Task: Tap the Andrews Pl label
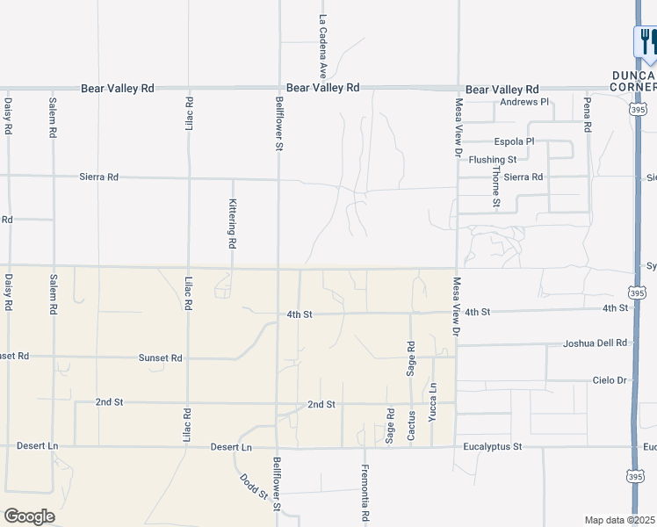(524, 103)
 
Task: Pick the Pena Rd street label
(586, 114)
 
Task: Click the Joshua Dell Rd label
(596, 343)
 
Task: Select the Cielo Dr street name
(610, 380)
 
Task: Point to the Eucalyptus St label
(494, 447)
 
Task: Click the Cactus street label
(411, 426)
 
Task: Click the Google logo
(29, 516)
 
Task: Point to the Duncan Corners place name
(634, 82)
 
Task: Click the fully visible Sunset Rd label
(161, 358)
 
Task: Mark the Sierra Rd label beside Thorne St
(523, 177)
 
